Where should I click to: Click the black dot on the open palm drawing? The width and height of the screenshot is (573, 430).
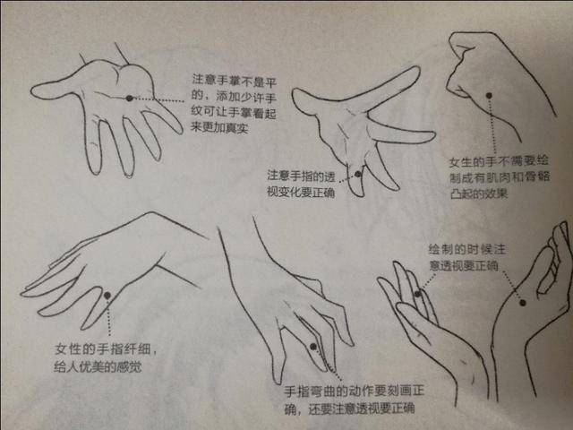(129, 98)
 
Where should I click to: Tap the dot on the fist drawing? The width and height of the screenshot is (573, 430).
(489, 96)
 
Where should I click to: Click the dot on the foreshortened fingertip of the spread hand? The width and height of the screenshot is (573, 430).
(358, 174)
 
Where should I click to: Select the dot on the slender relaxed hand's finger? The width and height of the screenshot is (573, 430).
(107, 295)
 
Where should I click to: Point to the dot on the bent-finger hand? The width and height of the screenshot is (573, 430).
(313, 347)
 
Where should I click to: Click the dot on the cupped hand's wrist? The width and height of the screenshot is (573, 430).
(523, 303)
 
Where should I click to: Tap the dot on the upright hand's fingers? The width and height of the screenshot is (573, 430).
(418, 294)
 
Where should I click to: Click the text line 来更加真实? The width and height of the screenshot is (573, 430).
(219, 128)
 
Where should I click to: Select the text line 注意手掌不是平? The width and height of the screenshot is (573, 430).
(235, 81)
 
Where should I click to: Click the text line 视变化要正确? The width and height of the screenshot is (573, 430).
(301, 192)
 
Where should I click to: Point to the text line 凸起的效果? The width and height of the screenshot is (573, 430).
(479, 193)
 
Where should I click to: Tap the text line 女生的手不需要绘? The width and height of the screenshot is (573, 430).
(499, 161)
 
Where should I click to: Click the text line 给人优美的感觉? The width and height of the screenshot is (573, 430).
(98, 366)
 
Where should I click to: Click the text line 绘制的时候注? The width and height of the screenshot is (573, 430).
(467, 249)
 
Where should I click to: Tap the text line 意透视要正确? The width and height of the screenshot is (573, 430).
(464, 266)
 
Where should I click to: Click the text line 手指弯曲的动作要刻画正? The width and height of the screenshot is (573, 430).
(355, 391)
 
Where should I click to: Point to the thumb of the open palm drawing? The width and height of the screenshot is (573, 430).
(55, 89)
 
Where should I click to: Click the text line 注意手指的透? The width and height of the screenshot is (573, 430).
(301, 176)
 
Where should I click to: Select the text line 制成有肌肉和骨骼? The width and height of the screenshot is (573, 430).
(500, 177)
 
